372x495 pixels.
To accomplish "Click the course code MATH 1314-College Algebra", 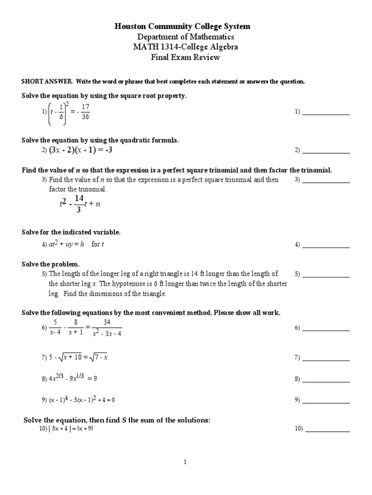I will (x=186, y=47).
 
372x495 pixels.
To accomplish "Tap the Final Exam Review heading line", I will (x=186, y=58).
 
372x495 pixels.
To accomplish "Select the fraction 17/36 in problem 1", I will (x=85, y=112).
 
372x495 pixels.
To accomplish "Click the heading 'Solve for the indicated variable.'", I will (x=71, y=233).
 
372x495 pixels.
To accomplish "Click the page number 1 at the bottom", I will (x=185, y=462).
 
